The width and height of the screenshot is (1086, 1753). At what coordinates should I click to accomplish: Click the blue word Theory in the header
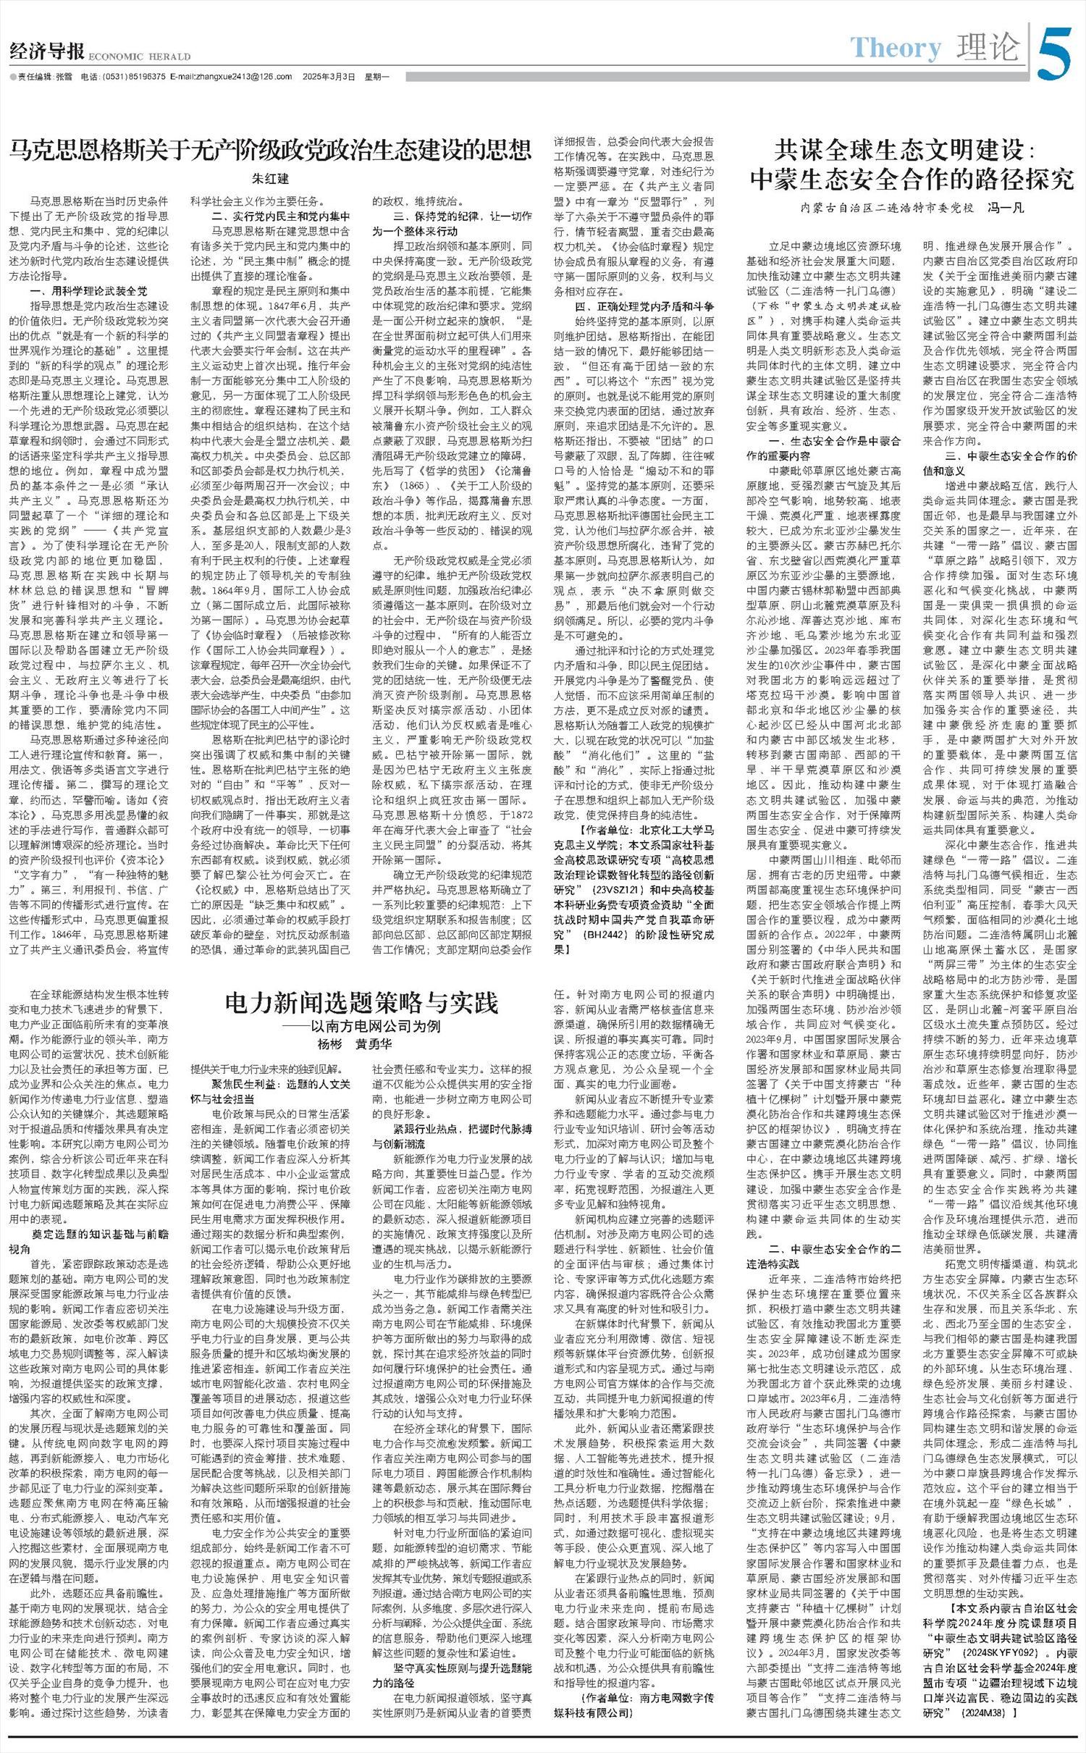[x=896, y=48]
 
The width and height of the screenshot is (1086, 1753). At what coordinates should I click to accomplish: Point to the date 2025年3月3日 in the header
[x=329, y=77]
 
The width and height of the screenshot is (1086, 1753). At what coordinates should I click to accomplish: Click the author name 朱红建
[x=270, y=178]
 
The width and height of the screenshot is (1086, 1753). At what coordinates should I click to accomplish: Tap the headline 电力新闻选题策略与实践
[x=361, y=1003]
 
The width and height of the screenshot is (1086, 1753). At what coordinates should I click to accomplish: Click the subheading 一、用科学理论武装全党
[x=88, y=291]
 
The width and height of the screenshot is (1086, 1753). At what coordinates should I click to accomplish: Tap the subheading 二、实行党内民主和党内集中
[x=280, y=217]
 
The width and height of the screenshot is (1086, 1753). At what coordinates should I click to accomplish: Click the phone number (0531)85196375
[x=133, y=77]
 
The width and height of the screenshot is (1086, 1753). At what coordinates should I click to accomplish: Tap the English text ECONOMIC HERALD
[x=139, y=56]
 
